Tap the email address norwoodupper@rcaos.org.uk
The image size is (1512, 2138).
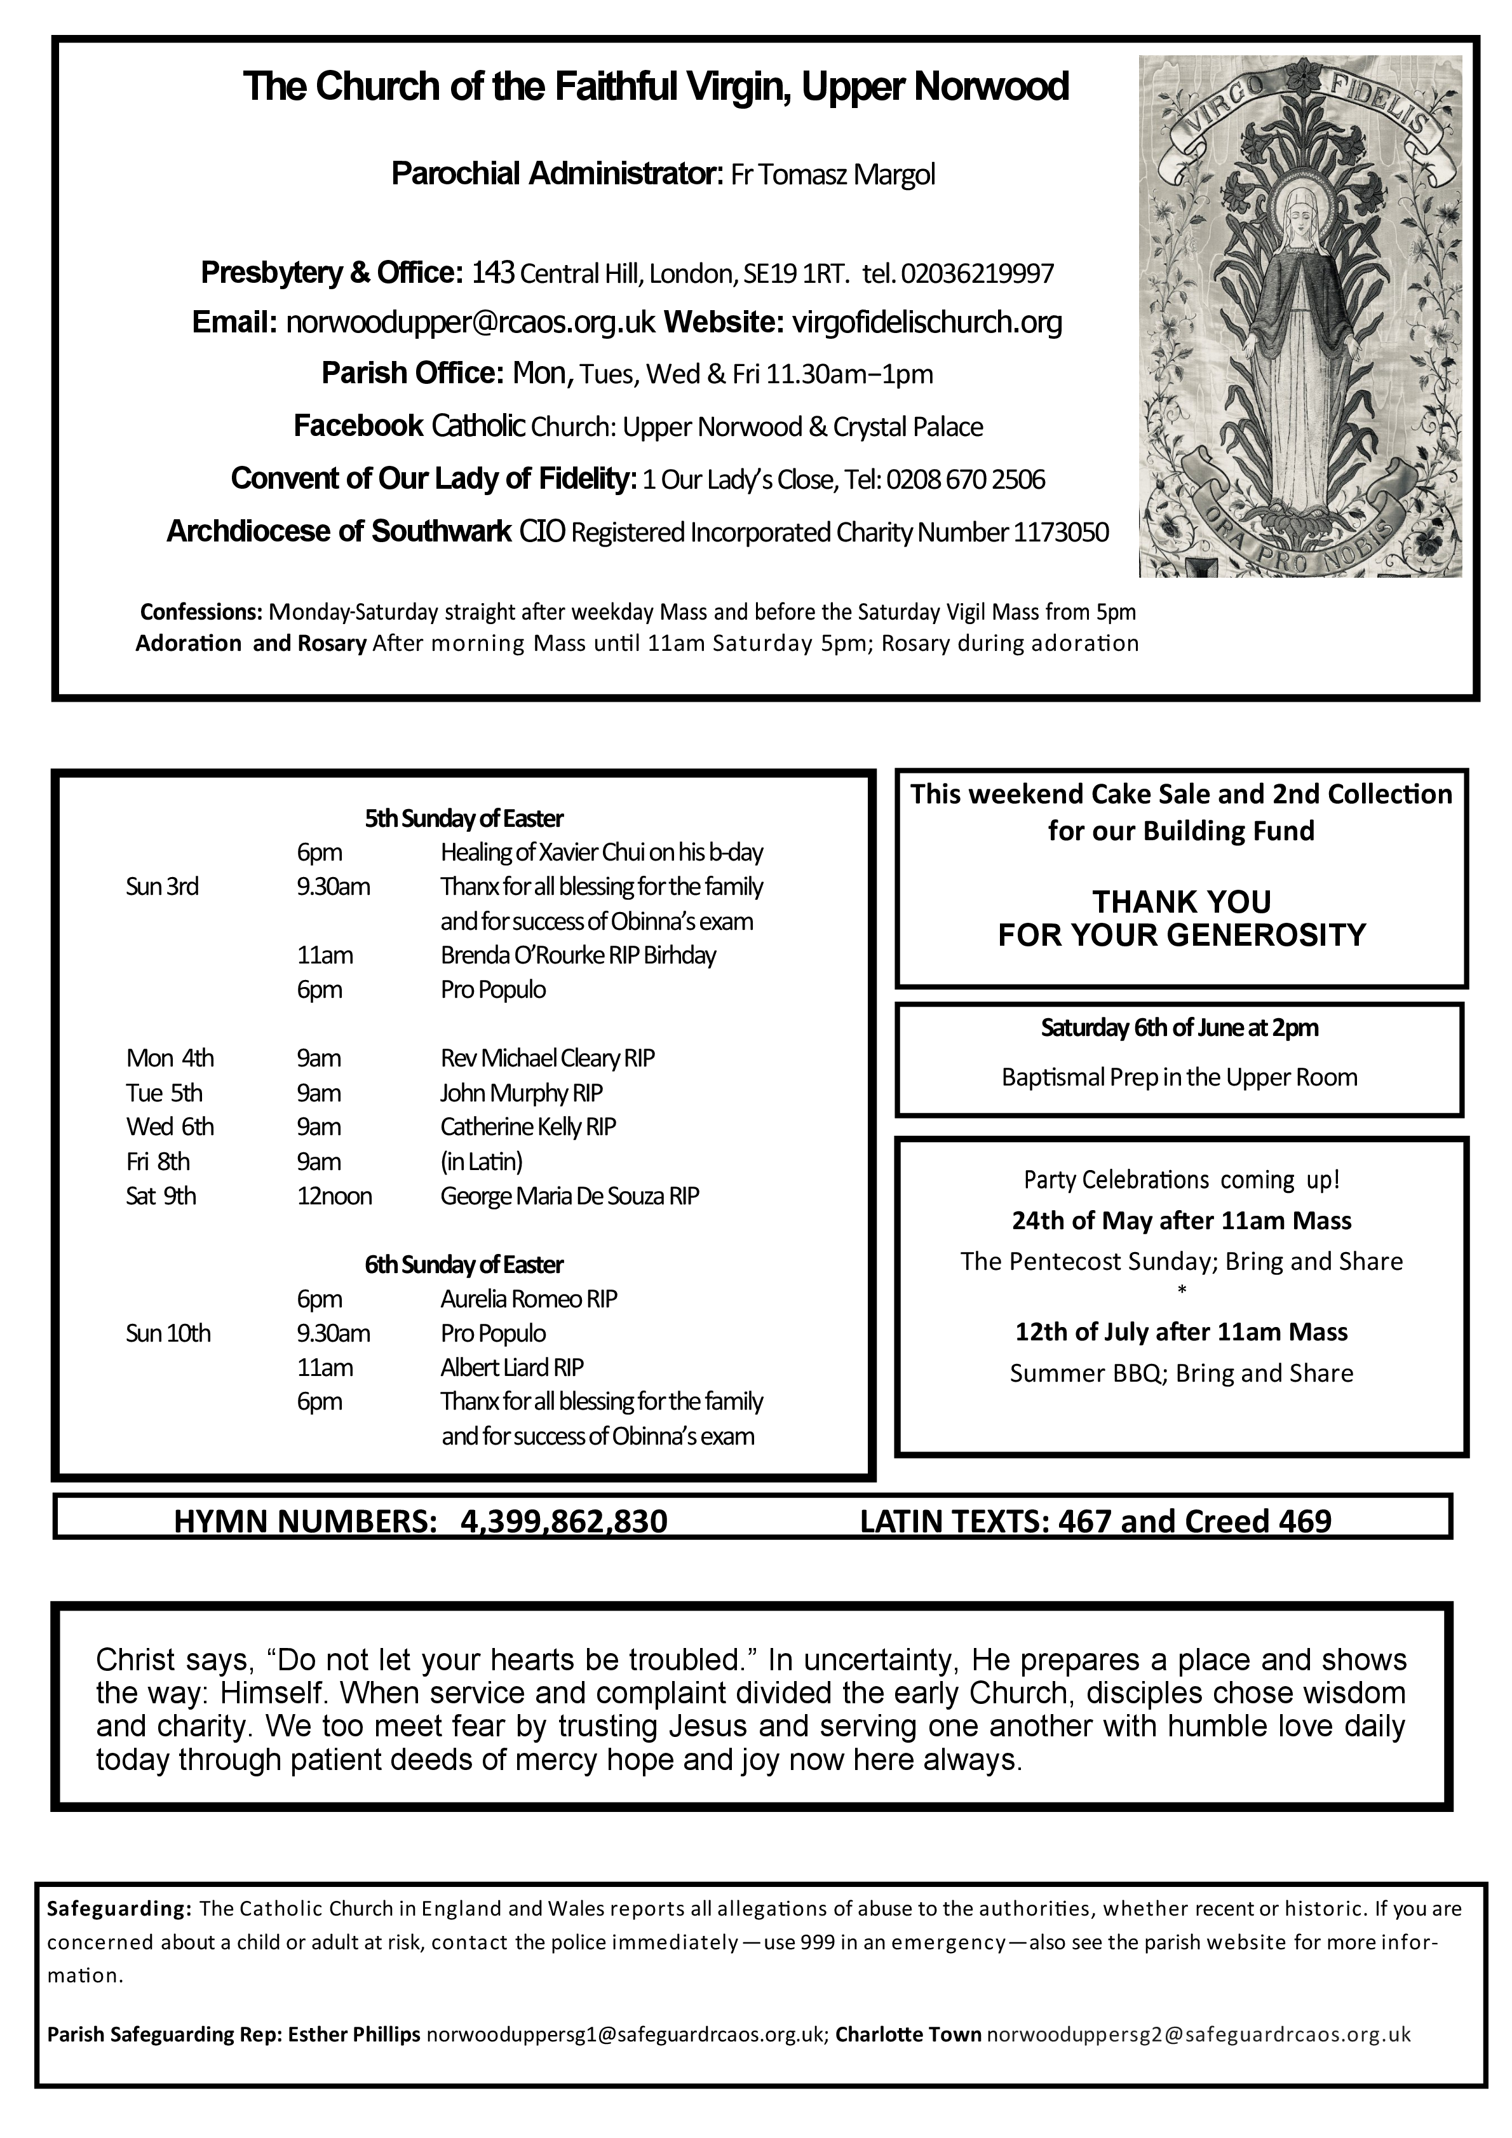[471, 322]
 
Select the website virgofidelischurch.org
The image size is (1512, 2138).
[926, 322]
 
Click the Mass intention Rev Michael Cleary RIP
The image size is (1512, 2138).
[548, 1059]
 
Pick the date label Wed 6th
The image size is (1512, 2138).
[170, 1127]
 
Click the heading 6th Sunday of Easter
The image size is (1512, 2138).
[464, 1265]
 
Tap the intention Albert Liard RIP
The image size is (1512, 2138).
[512, 1368]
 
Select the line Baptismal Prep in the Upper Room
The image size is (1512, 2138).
[1180, 1077]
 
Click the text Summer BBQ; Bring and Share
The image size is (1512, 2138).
[1182, 1373]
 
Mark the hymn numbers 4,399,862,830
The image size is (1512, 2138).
[564, 1522]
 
